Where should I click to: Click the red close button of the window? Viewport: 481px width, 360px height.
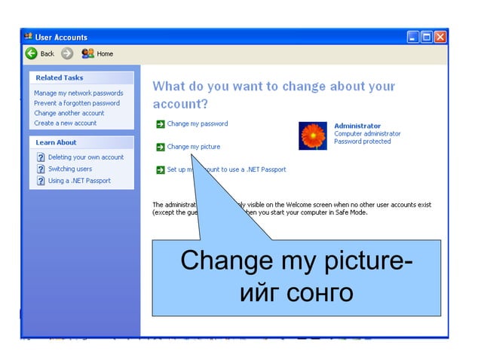click(440, 37)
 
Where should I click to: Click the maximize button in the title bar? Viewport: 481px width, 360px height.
click(427, 37)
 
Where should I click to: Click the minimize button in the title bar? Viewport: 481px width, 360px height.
click(413, 37)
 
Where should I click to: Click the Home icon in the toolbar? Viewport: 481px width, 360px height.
click(87, 53)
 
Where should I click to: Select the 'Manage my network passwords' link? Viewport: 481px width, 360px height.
click(78, 93)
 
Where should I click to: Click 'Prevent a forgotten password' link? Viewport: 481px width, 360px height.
click(77, 103)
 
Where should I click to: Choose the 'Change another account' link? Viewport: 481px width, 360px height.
click(69, 113)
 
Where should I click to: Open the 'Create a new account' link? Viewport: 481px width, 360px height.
click(66, 123)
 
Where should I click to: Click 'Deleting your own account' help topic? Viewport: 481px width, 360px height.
click(85, 157)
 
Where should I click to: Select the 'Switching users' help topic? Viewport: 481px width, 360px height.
click(69, 169)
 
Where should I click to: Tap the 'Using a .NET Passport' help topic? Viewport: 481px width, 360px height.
click(79, 181)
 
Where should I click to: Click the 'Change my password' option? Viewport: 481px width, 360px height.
click(197, 124)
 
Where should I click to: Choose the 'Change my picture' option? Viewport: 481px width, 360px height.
click(193, 147)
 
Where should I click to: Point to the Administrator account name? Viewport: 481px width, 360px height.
click(357, 126)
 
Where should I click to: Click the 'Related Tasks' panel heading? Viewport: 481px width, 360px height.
click(60, 78)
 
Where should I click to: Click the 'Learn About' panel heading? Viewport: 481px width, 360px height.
click(57, 142)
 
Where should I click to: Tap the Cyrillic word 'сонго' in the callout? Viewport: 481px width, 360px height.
click(320, 291)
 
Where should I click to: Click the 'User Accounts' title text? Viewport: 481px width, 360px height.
click(61, 37)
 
